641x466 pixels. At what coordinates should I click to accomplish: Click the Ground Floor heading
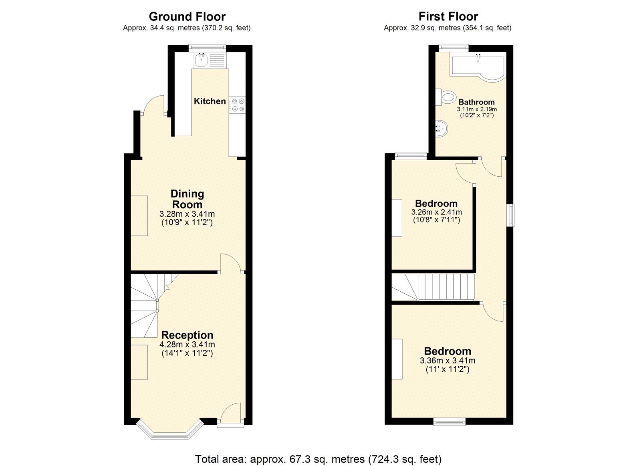tap(187, 16)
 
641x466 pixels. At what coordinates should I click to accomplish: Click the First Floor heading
tap(448, 16)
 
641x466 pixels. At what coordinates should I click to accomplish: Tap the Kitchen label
tap(210, 101)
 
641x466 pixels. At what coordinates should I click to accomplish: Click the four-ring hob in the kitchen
tap(237, 105)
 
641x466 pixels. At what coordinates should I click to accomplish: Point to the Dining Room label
tap(187, 199)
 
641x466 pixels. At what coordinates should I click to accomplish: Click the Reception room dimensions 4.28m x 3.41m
tap(187, 345)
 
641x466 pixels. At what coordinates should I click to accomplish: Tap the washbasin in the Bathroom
tap(442, 129)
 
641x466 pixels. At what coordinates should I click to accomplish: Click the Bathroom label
tap(476, 102)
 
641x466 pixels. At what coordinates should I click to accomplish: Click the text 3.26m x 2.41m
tap(436, 212)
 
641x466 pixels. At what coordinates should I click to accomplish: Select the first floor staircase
tap(433, 287)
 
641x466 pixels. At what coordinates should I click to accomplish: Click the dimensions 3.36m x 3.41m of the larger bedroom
tap(447, 361)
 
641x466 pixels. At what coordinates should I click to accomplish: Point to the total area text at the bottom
tap(318, 458)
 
